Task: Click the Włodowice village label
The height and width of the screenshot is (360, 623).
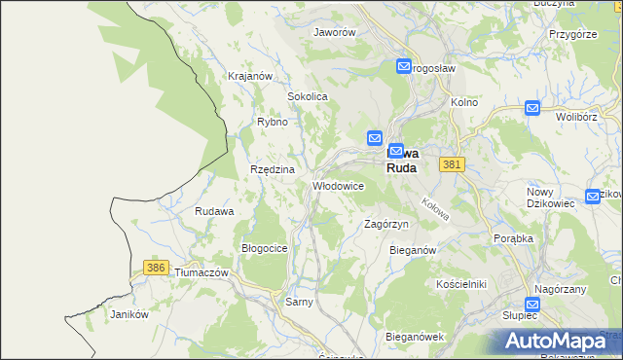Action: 338,186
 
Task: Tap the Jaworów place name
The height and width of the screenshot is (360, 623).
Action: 334,32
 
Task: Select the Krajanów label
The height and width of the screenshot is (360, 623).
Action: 248,76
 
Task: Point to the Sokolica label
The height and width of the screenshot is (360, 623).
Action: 307,97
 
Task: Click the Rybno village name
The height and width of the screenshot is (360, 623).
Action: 272,122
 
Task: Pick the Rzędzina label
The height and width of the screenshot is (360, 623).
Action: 272,169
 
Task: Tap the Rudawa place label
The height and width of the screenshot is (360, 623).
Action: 214,211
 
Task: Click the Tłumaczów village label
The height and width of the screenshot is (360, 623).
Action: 201,273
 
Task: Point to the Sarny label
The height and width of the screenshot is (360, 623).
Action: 298,303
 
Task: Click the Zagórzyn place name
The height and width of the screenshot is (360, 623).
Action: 385,224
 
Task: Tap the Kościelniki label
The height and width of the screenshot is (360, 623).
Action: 460,283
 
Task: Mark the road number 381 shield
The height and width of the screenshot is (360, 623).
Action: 450,166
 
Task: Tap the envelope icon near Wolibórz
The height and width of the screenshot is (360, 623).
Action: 532,109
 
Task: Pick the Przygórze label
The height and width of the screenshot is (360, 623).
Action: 571,33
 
